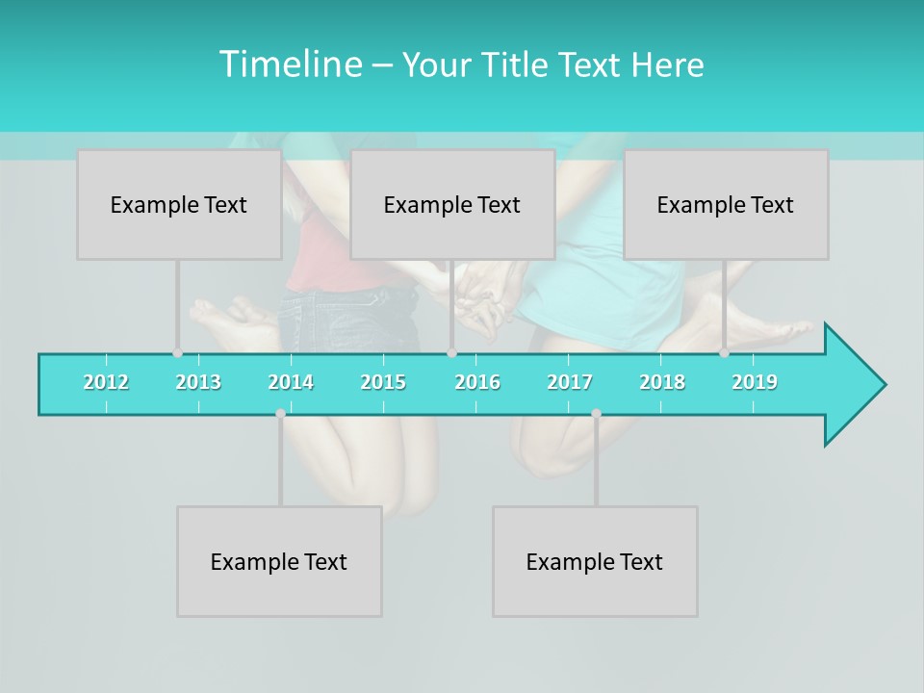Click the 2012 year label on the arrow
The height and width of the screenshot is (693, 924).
coord(106,382)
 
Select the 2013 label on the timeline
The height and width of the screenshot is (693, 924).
coord(198,382)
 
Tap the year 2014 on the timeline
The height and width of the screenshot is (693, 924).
coord(291,382)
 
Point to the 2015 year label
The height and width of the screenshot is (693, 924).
coord(383,382)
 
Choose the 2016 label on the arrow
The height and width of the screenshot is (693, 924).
coord(477,382)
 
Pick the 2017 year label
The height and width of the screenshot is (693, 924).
coord(570,382)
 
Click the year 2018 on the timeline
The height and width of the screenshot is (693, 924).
coord(662,382)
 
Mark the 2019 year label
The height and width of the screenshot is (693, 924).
coord(755,382)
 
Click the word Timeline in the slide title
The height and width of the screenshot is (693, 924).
coord(290,64)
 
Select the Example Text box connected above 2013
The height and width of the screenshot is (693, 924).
coord(179,204)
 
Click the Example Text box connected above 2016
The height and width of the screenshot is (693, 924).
coord(452,204)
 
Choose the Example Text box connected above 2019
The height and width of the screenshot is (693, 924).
coord(726,204)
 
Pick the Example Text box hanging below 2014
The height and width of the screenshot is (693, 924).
coord(279,561)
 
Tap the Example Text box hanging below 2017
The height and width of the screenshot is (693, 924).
coord(595,561)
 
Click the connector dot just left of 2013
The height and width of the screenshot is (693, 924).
coord(177,352)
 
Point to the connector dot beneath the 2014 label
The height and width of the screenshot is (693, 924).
coord(280,414)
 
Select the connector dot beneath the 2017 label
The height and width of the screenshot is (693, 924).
coord(596,414)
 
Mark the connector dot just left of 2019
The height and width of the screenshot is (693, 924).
coord(724,352)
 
